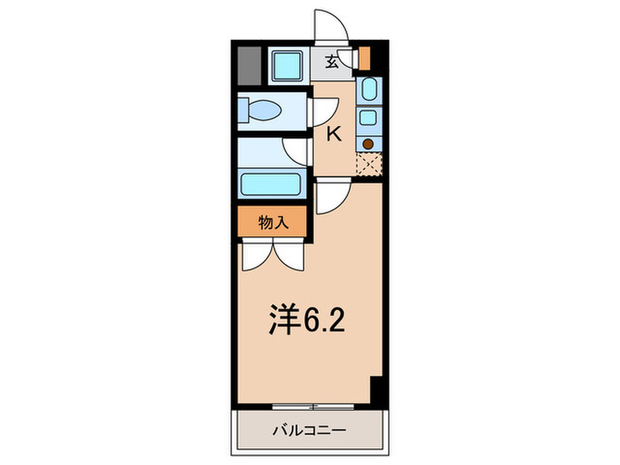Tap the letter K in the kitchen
(335, 135)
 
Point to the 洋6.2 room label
(306, 319)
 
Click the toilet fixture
(262, 112)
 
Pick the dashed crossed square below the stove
(368, 165)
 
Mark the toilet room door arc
(322, 112)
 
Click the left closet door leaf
(256, 255)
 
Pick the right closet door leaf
(291, 255)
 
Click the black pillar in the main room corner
(376, 389)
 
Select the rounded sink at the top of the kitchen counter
(368, 90)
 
